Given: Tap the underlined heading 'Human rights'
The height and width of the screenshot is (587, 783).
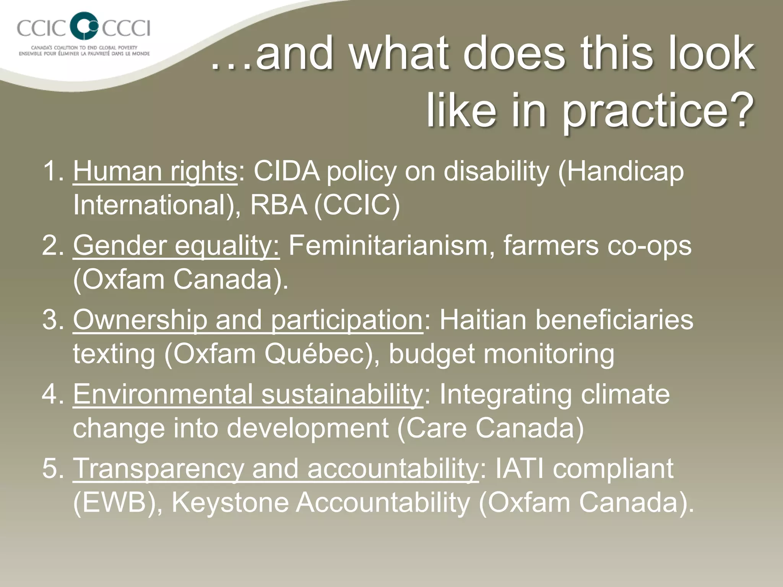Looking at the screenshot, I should point(155,172).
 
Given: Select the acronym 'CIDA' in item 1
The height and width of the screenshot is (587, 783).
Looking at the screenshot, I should point(287,172).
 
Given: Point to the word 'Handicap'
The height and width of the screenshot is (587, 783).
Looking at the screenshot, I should point(621,172).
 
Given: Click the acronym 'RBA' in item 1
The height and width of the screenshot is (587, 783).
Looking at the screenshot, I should point(278,205).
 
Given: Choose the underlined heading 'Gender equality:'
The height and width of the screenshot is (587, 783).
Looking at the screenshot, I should point(176,246).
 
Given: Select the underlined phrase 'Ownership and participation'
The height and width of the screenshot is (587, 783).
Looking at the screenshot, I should point(248,320).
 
